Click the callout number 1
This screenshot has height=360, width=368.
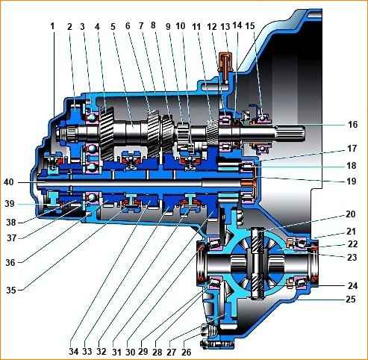[x=52, y=26]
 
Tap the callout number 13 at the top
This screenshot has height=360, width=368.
[x=225, y=26]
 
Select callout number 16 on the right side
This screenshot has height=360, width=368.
[x=352, y=124]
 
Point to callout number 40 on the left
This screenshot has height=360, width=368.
[x=9, y=182]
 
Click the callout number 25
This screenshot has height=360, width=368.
[x=351, y=299]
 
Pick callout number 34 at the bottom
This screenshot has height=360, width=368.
[x=74, y=352]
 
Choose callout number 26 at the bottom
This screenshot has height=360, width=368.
[x=187, y=352]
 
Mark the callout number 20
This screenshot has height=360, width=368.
[x=350, y=214]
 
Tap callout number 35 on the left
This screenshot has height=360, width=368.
[x=11, y=290]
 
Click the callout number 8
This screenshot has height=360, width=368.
[x=153, y=25]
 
